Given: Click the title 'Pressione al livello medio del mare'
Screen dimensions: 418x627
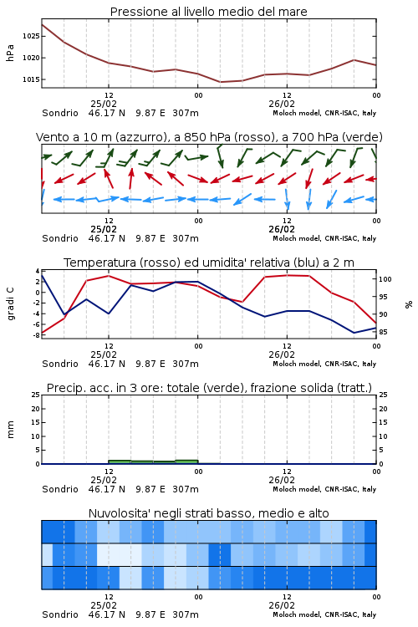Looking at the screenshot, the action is (209, 12).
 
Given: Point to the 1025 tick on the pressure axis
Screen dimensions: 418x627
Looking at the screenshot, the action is (31, 37).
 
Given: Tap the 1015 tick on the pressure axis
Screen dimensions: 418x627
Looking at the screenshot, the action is (31, 79).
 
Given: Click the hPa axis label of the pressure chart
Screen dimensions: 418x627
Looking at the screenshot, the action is (10, 54).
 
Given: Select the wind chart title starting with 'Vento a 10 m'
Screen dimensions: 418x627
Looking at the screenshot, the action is (209, 137).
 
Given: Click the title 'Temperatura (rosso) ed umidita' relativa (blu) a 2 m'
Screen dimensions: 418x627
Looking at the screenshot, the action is (209, 263).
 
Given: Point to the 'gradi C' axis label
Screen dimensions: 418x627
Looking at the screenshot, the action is (10, 303).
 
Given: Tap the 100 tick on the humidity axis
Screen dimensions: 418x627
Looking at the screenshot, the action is (385, 279).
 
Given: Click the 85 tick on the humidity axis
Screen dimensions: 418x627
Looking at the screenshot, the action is (383, 332).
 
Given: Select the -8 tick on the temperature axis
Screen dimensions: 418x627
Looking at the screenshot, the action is (37, 335).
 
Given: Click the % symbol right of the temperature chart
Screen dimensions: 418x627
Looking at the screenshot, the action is (409, 304).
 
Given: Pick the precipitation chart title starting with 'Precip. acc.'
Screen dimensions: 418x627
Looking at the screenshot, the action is (209, 388).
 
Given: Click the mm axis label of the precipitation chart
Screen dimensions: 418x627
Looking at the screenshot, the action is (10, 430).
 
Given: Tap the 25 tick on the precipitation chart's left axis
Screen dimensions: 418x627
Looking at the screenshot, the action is (36, 395).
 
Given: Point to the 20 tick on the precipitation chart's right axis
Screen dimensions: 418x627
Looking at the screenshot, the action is (383, 409).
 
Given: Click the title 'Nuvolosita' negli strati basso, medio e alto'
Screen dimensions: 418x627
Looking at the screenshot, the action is (209, 513).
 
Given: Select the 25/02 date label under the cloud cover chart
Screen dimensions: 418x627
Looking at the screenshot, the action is (104, 605).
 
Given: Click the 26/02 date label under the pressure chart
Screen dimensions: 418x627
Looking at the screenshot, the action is (282, 104).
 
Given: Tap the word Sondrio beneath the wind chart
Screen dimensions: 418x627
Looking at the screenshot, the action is (60, 238).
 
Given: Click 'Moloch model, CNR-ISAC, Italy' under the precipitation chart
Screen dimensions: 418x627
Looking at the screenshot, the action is (324, 489).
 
